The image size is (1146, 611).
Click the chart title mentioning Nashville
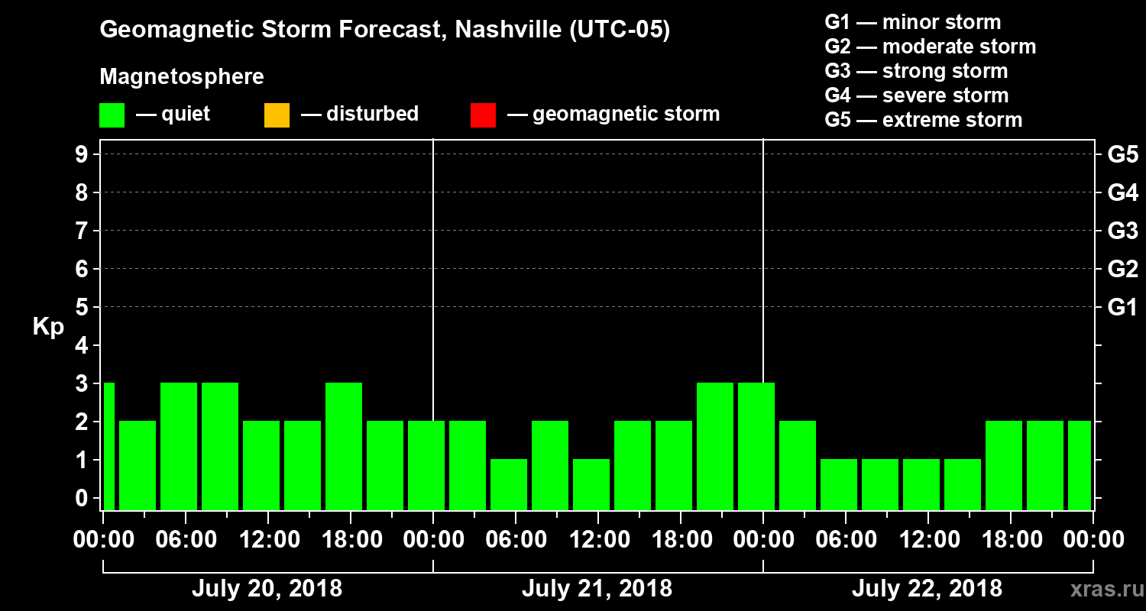385,31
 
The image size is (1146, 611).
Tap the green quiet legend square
112,115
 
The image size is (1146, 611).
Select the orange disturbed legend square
277,115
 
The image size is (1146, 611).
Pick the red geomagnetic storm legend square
483,115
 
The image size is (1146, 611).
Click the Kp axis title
48,327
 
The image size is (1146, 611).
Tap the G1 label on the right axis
1122,307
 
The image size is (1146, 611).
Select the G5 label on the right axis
1122,154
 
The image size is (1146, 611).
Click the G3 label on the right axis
1122,231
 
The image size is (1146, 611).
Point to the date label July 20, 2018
267,589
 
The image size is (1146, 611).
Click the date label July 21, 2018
597,589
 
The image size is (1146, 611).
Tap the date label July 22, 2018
927,589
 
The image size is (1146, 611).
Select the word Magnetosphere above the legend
182,77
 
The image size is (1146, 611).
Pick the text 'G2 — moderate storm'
931,47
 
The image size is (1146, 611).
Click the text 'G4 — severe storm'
917,95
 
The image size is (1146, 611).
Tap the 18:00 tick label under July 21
681,540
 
